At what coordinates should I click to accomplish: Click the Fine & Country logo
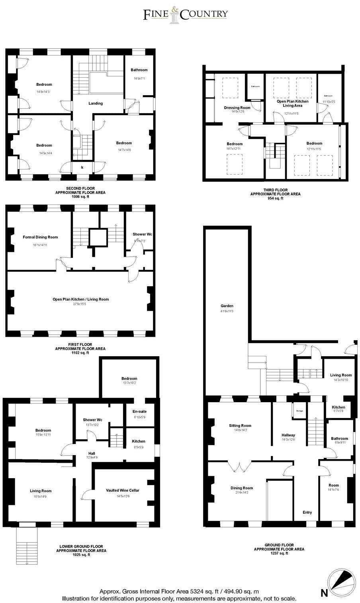186,14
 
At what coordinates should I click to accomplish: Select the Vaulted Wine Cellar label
124,491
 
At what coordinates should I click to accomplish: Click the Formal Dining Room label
40,237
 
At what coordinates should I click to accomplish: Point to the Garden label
227,306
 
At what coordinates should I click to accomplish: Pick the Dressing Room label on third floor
237,108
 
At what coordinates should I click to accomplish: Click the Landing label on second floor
96,103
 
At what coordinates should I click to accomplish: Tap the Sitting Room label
240,426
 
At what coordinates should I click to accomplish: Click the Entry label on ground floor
307,513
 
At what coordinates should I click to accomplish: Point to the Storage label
299,411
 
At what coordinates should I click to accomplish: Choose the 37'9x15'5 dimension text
80,304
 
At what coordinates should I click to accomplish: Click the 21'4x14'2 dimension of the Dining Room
242,493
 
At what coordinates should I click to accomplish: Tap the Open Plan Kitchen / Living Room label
80,299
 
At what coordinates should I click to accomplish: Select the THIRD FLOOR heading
275,190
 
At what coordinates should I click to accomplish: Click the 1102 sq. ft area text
80,353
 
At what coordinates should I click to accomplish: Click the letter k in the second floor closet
82,168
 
